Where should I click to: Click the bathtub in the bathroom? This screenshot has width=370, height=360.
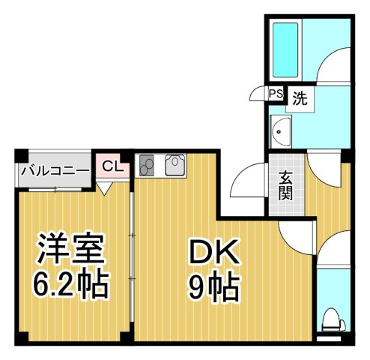[x=285, y=48]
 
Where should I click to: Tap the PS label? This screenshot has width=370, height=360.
[x=276, y=94]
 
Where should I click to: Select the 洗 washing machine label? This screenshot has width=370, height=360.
[x=299, y=97]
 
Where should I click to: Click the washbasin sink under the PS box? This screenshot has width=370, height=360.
[x=282, y=130]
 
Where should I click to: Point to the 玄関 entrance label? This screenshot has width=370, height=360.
[x=286, y=184]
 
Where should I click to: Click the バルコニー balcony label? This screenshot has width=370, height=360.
[x=55, y=169]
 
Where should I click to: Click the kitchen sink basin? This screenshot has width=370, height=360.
[x=175, y=164]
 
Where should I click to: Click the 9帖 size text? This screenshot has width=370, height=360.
[x=213, y=286]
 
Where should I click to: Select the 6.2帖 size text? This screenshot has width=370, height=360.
[x=71, y=284]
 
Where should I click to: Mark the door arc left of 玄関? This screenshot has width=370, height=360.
[x=244, y=182]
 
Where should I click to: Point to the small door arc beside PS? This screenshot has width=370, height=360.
[x=259, y=93]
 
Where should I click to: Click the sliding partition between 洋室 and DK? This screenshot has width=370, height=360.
[x=132, y=262]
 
